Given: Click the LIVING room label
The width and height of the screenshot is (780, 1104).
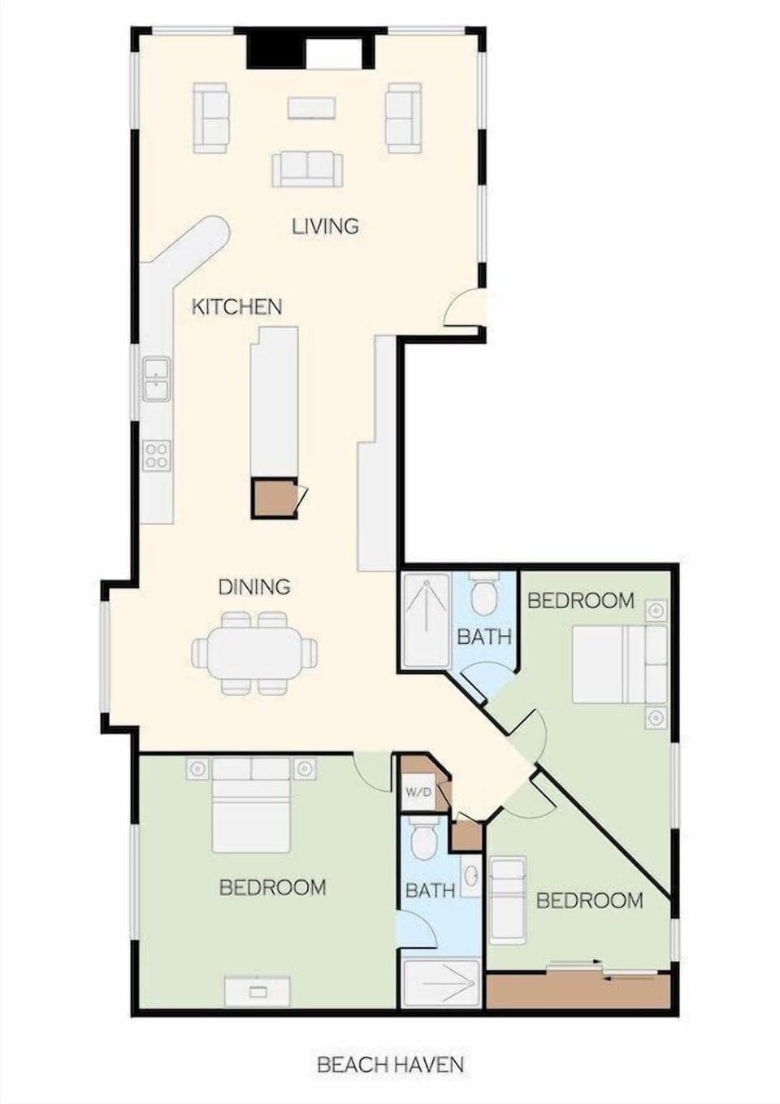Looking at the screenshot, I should (x=325, y=226).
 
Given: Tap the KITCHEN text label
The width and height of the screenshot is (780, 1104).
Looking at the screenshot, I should (x=236, y=306).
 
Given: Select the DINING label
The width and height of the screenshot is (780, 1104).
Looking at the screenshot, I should (x=254, y=586).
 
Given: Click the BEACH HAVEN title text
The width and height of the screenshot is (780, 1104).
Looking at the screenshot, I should (x=390, y=1064).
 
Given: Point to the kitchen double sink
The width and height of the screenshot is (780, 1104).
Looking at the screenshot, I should (x=156, y=379).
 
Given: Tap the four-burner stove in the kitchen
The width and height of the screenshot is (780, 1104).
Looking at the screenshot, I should (x=157, y=455).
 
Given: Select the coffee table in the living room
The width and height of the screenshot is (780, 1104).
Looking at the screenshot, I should (x=311, y=107).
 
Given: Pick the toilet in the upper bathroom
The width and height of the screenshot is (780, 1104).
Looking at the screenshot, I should (x=485, y=596).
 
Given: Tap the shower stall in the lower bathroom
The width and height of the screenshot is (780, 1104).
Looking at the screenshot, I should (x=441, y=984).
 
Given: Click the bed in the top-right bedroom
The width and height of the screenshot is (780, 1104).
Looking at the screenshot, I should (x=617, y=663).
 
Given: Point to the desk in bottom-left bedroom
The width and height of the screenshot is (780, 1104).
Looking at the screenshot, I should (x=258, y=991).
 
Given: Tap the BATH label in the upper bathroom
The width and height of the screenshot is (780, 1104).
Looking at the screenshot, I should (x=483, y=637).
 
